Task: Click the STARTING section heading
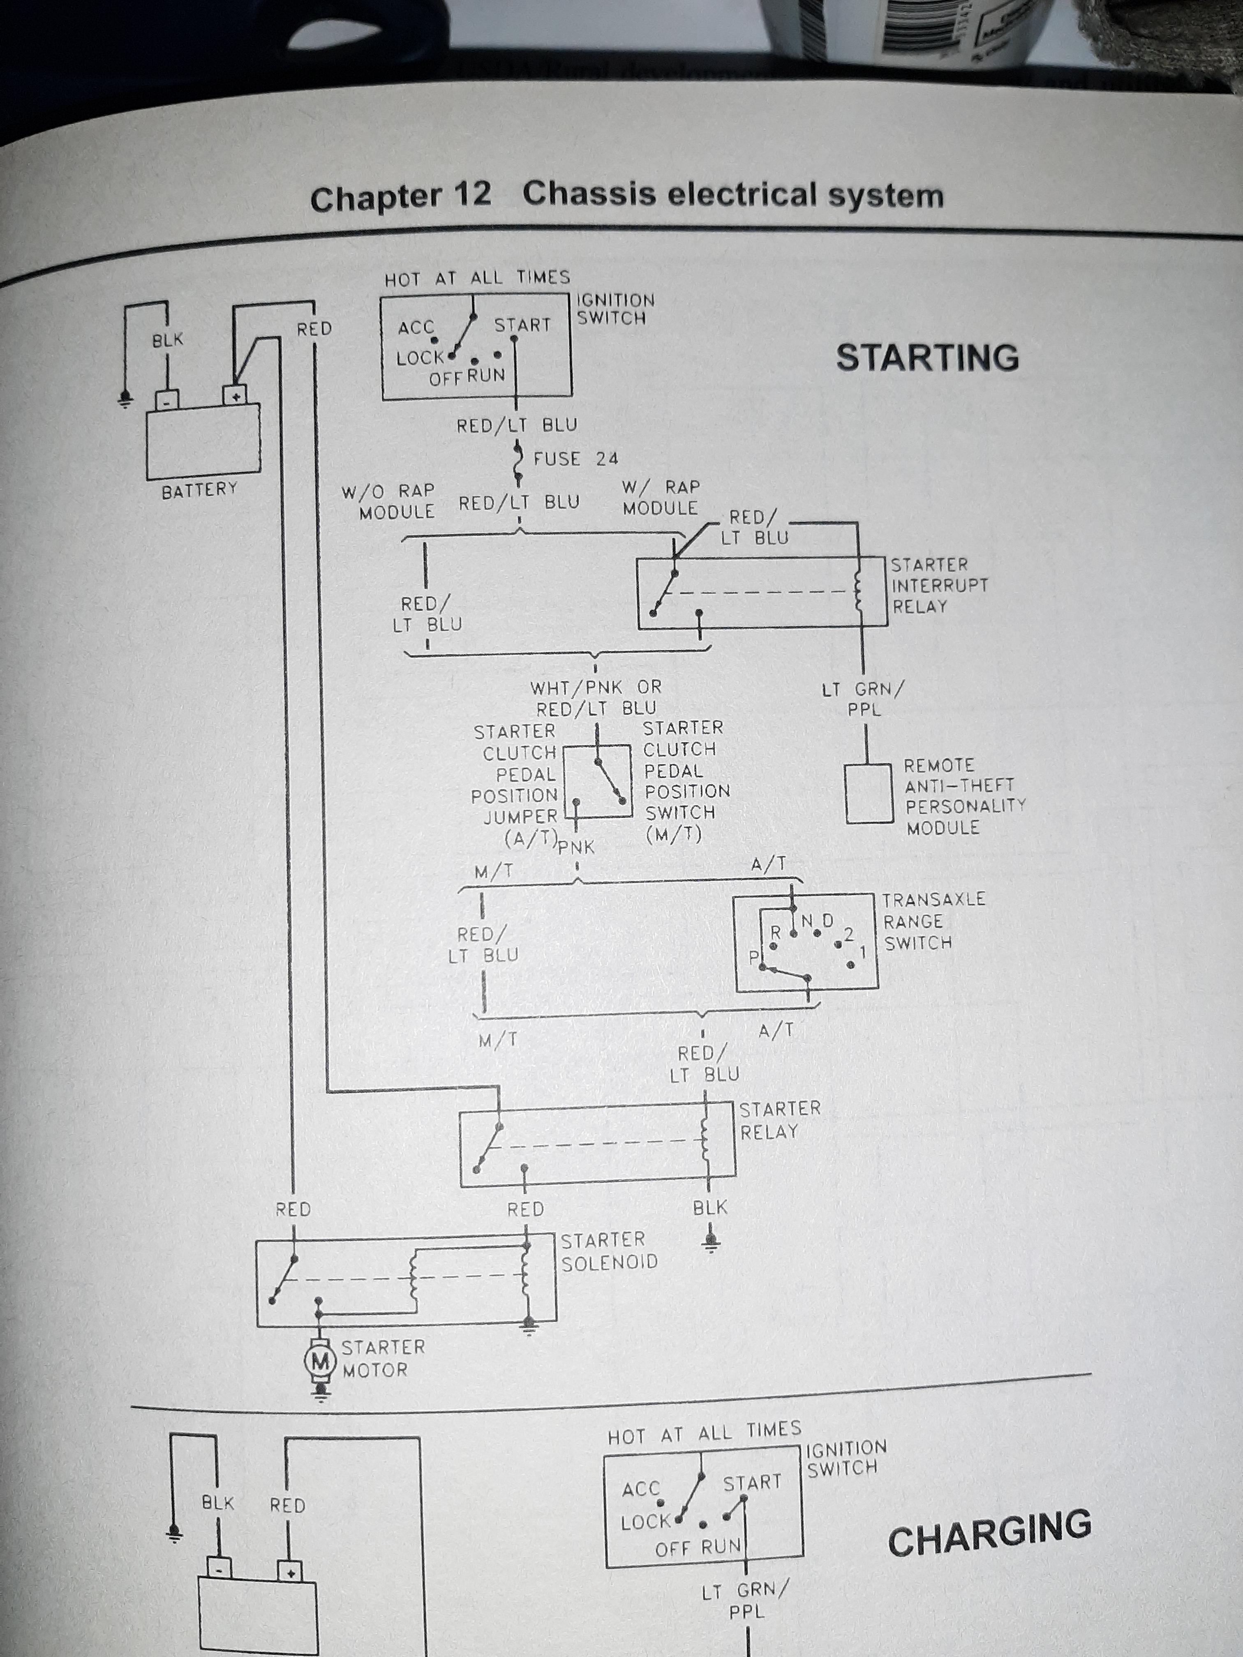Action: pos(928,357)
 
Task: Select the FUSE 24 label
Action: pos(575,459)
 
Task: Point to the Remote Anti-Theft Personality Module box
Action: pos(869,794)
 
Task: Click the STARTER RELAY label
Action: pos(780,1120)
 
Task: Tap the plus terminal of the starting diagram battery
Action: pos(235,396)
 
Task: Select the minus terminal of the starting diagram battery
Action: pos(166,401)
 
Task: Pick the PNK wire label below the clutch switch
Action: pos(576,847)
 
